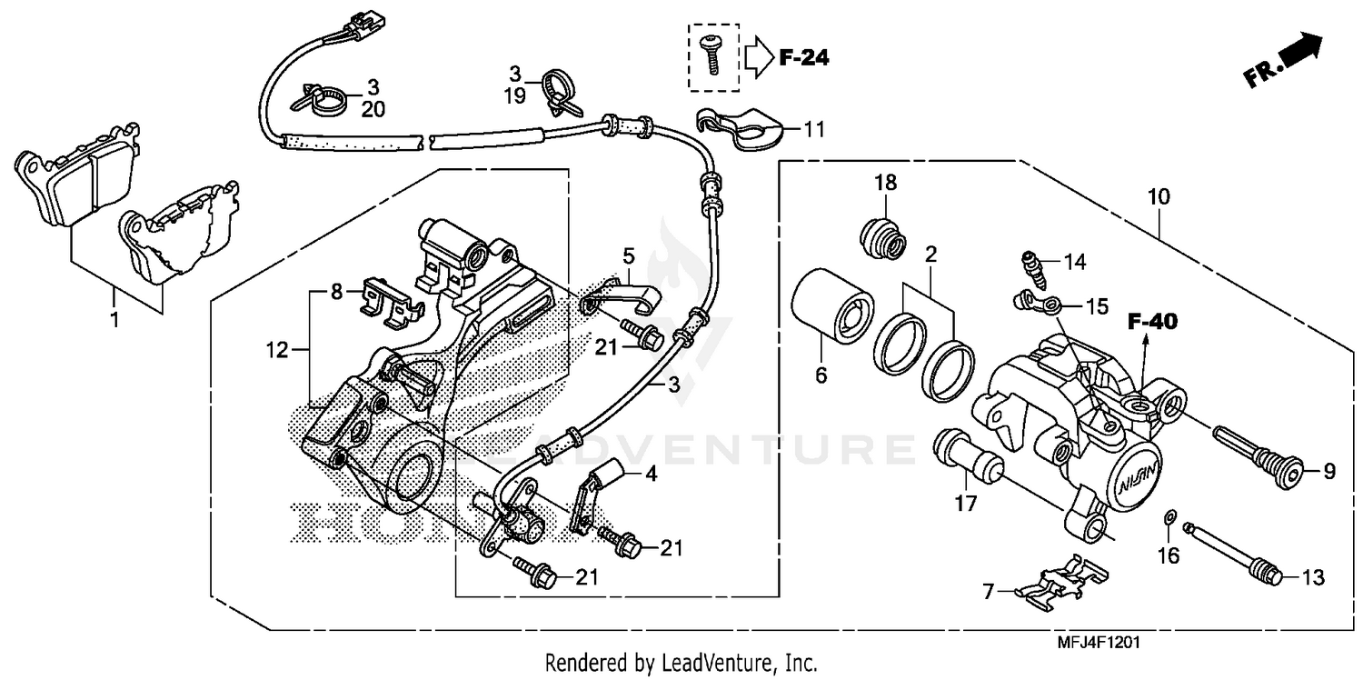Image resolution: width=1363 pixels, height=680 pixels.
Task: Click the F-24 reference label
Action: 804,58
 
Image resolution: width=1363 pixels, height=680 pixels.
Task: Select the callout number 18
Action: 885,183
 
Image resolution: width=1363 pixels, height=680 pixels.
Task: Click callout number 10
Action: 1159,196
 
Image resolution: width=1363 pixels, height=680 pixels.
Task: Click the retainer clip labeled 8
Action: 391,300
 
